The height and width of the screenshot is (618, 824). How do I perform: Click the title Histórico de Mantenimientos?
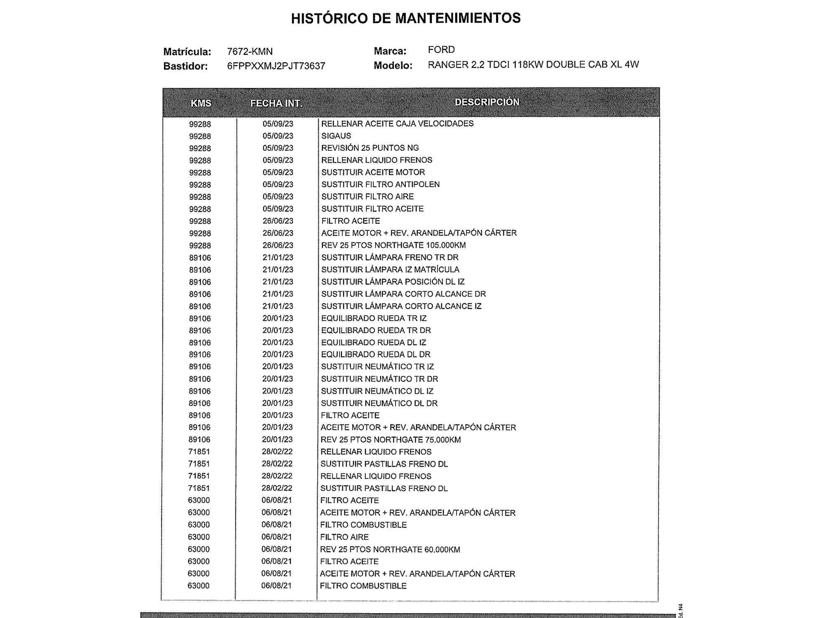(x=406, y=18)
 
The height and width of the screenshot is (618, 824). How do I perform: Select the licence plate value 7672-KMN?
(x=250, y=51)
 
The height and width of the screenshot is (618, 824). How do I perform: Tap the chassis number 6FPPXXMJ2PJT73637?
(x=276, y=66)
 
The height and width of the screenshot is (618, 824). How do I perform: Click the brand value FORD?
(x=441, y=50)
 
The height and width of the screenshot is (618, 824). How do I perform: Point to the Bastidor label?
(x=185, y=66)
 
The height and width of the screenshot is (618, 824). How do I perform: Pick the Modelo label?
(x=393, y=66)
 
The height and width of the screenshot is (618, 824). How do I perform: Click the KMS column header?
(x=201, y=103)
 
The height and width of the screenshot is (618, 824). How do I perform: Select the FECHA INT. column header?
(x=276, y=103)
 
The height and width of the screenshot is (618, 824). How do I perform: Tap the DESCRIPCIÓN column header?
(x=487, y=102)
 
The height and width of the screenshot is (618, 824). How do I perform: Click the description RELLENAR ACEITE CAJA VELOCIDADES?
(x=397, y=124)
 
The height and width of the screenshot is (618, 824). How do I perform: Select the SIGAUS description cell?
(x=336, y=136)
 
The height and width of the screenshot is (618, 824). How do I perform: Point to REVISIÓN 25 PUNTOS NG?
(x=370, y=148)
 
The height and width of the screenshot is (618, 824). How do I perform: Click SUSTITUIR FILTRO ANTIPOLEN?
(x=380, y=185)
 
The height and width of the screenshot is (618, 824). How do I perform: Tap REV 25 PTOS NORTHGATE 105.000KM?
(x=393, y=245)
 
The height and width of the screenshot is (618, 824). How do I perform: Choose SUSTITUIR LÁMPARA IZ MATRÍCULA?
(x=390, y=269)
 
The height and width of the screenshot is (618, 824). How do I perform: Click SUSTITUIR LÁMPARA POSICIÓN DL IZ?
(x=393, y=282)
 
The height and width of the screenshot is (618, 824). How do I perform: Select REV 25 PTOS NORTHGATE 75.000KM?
(x=391, y=440)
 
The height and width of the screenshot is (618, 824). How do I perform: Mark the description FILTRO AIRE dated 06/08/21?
(x=344, y=537)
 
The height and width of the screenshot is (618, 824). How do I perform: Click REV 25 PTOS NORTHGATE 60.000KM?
(x=390, y=549)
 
